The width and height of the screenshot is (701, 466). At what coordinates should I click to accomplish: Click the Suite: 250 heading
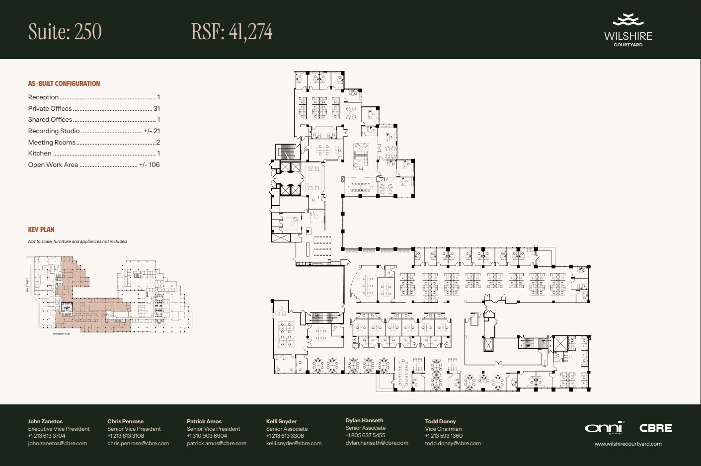click(65, 32)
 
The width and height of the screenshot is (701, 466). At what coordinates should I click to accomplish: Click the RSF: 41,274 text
click(232, 32)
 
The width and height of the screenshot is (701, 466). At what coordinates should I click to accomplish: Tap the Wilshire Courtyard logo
click(628, 31)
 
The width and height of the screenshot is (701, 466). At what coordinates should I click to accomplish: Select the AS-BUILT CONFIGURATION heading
click(64, 83)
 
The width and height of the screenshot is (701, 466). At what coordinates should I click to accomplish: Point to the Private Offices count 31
click(156, 108)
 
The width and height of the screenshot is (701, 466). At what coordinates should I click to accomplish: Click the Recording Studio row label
click(54, 131)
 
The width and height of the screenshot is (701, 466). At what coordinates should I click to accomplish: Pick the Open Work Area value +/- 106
click(149, 164)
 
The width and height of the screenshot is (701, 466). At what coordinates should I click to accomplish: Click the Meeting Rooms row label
click(52, 142)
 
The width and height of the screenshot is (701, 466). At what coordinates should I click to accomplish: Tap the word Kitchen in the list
click(40, 153)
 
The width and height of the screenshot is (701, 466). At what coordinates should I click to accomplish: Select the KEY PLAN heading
click(41, 230)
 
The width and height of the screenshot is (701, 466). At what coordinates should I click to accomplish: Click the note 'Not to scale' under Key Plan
click(78, 241)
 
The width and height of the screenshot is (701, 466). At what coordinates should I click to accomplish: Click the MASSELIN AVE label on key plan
click(61, 334)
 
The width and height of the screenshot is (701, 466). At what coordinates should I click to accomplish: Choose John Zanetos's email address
click(58, 443)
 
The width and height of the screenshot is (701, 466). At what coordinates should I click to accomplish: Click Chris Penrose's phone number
click(126, 436)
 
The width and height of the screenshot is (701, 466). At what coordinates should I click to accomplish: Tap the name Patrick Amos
click(204, 421)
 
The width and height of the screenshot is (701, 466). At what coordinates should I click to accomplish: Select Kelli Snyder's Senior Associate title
click(287, 429)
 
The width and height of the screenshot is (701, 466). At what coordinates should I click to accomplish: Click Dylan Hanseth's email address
click(377, 443)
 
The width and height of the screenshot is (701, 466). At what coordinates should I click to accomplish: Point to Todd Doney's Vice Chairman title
click(443, 429)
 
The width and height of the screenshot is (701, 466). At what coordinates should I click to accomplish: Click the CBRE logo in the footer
click(655, 428)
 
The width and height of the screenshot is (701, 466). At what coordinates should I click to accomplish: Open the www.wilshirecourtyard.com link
click(628, 444)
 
